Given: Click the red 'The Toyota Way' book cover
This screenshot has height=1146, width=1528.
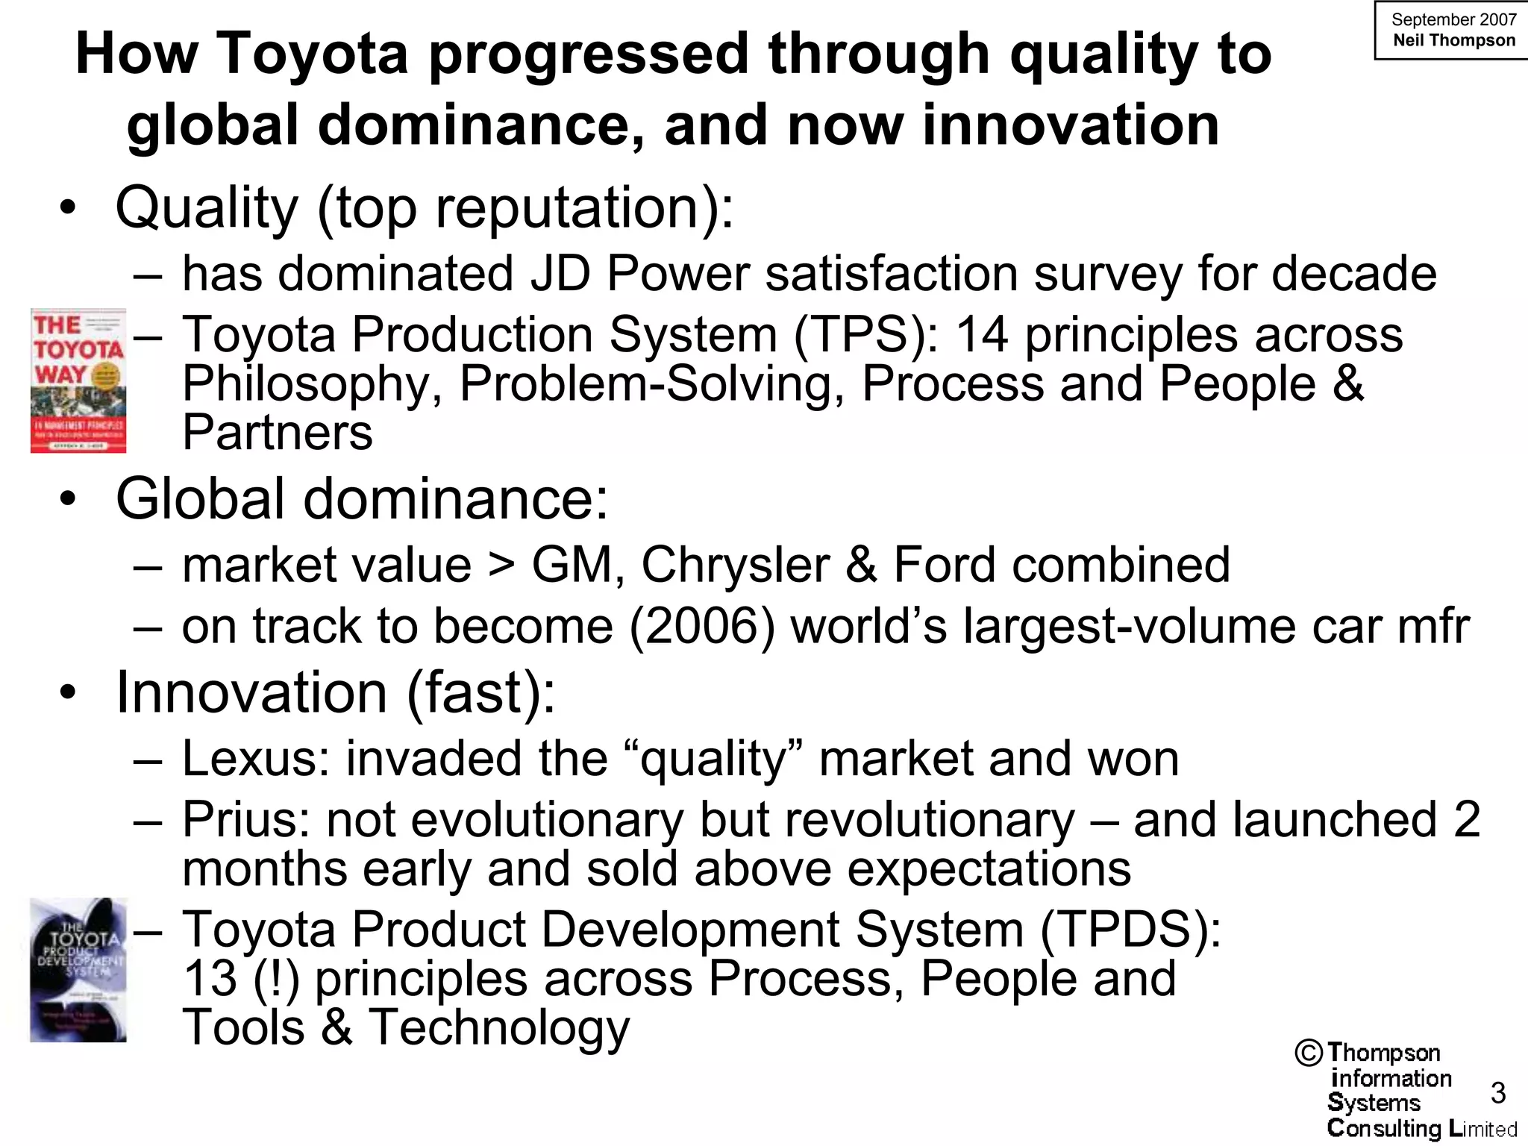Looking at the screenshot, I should coord(78,381).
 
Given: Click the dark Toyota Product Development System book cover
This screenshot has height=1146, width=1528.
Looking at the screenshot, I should coord(78,970).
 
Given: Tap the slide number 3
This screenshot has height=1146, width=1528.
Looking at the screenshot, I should coord(1498,1093).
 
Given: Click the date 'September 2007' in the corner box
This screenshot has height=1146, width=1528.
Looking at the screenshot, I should coord(1454,20).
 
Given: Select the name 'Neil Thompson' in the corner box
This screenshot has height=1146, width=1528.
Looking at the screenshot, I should coord(1454,40).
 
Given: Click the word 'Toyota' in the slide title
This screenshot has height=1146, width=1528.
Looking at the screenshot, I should coord(313,54).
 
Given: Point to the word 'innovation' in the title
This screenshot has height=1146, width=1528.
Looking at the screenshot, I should coord(1071,125).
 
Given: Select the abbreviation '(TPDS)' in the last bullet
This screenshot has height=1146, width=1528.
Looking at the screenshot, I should coord(1130,930).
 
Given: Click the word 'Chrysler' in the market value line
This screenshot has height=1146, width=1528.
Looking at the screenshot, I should coord(735,564).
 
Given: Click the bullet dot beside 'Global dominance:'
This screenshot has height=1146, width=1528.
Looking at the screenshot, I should coord(69,499).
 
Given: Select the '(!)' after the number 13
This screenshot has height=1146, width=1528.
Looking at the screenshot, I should coord(276,979).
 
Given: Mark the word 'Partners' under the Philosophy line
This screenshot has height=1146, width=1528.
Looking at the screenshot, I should coord(278,433).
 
